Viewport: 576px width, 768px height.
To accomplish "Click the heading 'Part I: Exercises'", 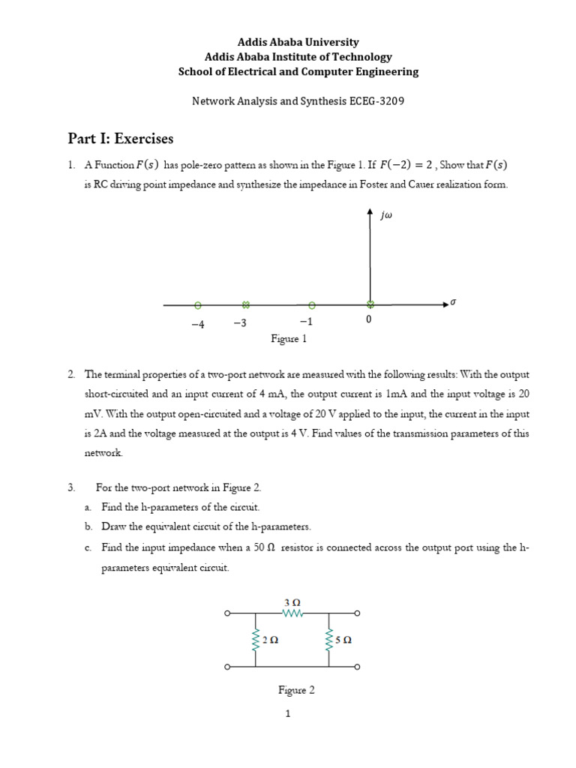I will coord(121,139).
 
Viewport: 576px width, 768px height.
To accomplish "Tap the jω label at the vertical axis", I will coord(387,216).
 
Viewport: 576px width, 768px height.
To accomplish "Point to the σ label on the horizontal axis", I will coord(452,301).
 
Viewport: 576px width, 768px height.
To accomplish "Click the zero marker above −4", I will coord(197,305).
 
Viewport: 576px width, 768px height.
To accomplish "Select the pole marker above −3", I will coord(245,305).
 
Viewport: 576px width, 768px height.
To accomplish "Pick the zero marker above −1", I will coord(312,305).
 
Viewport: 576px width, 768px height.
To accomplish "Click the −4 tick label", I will coord(197,323).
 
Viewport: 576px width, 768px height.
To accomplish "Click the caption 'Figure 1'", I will coord(289,339).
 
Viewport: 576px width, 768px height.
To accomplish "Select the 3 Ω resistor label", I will coord(292,601).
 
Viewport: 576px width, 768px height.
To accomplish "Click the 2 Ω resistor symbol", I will coord(256,640).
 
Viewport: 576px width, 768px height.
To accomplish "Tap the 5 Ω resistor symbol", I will coord(328,640).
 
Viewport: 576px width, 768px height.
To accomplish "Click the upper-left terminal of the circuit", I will coord(227,614).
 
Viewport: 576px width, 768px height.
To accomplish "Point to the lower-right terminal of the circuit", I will coord(357,666).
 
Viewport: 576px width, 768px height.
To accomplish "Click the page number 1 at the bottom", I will coord(287,714).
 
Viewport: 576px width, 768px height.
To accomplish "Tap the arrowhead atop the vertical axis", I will coord(370,213).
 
